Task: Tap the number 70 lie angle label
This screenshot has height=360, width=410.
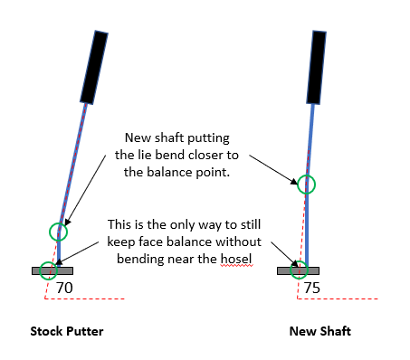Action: (x=64, y=288)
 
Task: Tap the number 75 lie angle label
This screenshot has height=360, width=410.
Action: (x=311, y=288)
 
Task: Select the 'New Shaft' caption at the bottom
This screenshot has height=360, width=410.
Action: (x=319, y=331)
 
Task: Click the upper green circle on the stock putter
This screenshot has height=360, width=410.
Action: (x=59, y=231)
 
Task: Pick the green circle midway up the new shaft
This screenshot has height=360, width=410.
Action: (x=308, y=184)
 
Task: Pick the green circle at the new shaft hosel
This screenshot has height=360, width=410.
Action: (x=300, y=269)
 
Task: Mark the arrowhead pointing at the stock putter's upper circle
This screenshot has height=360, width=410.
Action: (x=62, y=223)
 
